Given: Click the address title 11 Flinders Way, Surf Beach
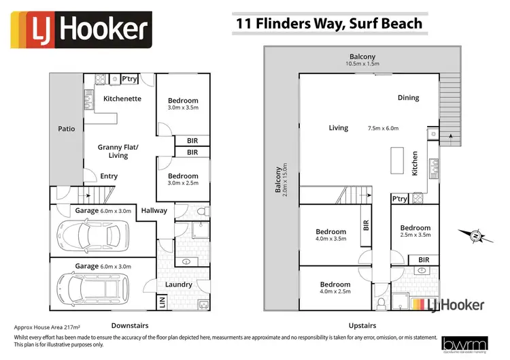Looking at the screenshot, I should (x=328, y=23).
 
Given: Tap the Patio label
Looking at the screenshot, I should (x=66, y=129).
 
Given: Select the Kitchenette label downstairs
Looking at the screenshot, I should (x=122, y=99).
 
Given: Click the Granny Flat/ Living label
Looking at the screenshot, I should (x=118, y=151).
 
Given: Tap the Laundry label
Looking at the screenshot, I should (x=179, y=284).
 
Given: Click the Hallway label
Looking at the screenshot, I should (x=154, y=211).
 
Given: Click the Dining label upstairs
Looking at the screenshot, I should (x=408, y=98).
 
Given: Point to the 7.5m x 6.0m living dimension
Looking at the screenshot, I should (x=383, y=128).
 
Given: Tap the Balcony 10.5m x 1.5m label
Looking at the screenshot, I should (x=362, y=61).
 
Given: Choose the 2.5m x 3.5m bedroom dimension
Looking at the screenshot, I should (x=415, y=236).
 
